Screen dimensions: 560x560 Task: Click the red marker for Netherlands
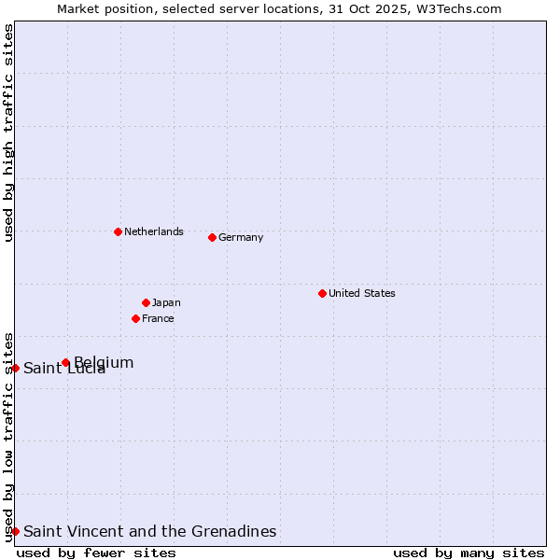(x=118, y=231)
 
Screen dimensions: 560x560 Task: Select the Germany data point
(x=212, y=237)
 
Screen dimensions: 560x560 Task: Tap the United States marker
(x=322, y=293)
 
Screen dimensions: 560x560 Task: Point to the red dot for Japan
(x=146, y=302)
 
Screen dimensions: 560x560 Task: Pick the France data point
(x=135, y=318)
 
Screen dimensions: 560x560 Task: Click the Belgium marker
(x=65, y=362)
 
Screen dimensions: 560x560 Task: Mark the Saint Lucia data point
(x=15, y=368)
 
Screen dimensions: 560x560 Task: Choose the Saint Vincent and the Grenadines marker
(x=15, y=531)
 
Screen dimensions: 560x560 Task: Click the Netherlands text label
(x=154, y=231)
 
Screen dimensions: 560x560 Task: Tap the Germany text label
(x=241, y=237)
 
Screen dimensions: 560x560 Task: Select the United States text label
(x=362, y=293)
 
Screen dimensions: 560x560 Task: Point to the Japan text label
(x=166, y=302)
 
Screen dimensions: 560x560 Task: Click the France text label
(x=158, y=318)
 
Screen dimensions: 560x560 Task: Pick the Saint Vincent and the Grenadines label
(x=150, y=531)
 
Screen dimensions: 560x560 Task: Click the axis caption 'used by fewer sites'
(x=96, y=553)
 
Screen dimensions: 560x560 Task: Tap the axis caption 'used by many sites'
(x=469, y=553)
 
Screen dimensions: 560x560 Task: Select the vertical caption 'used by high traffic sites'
(x=8, y=133)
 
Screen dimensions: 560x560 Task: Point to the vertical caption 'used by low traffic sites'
(x=8, y=437)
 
